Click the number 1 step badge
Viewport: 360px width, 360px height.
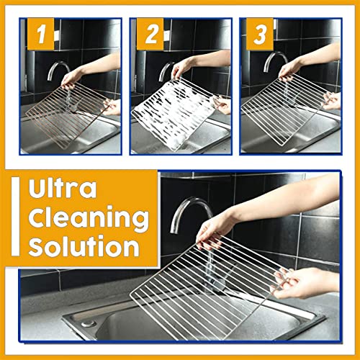(x=40, y=34)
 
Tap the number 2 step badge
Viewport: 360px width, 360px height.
(x=150, y=34)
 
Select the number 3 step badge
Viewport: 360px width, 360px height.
(x=260, y=34)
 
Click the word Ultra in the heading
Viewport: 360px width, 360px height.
(x=63, y=189)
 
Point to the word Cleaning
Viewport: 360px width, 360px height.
(x=89, y=218)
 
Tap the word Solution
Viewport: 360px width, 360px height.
(x=84, y=246)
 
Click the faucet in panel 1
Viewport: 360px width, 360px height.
(x=58, y=70)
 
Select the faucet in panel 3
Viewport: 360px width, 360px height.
(x=275, y=61)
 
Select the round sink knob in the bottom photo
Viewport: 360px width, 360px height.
(x=88, y=324)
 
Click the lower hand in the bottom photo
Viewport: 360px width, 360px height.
(x=305, y=283)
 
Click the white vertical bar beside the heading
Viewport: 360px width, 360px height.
(x=15, y=217)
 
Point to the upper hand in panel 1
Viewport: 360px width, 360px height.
(x=71, y=77)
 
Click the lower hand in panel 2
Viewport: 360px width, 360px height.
(x=222, y=104)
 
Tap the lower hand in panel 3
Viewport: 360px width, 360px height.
(x=333, y=100)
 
